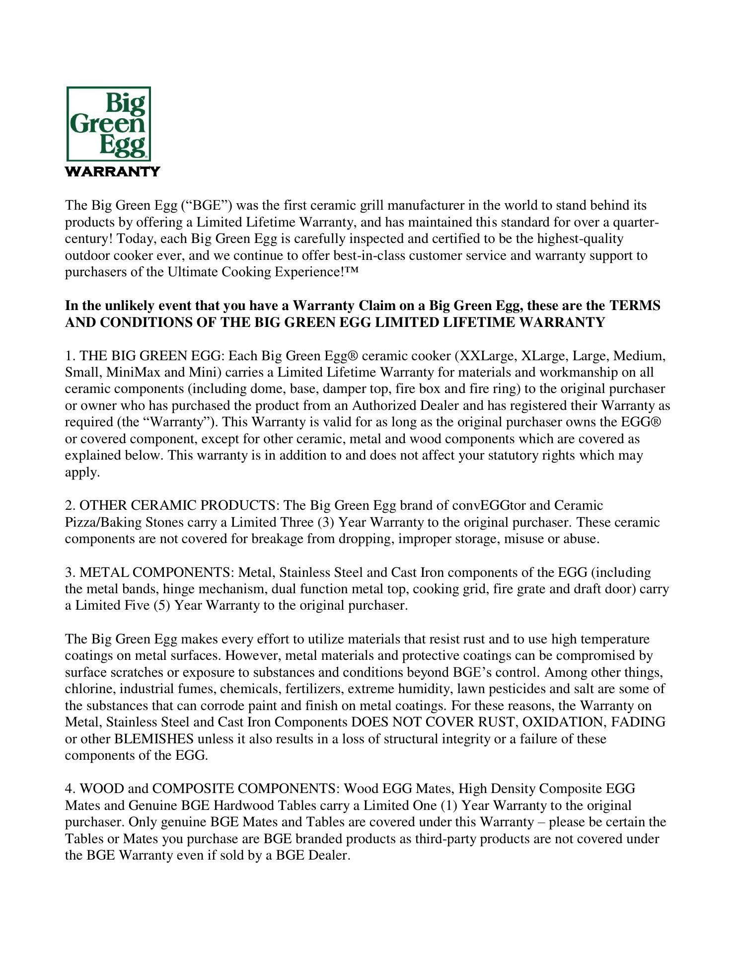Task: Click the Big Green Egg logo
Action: point(109,123)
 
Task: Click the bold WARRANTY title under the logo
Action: point(113,172)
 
